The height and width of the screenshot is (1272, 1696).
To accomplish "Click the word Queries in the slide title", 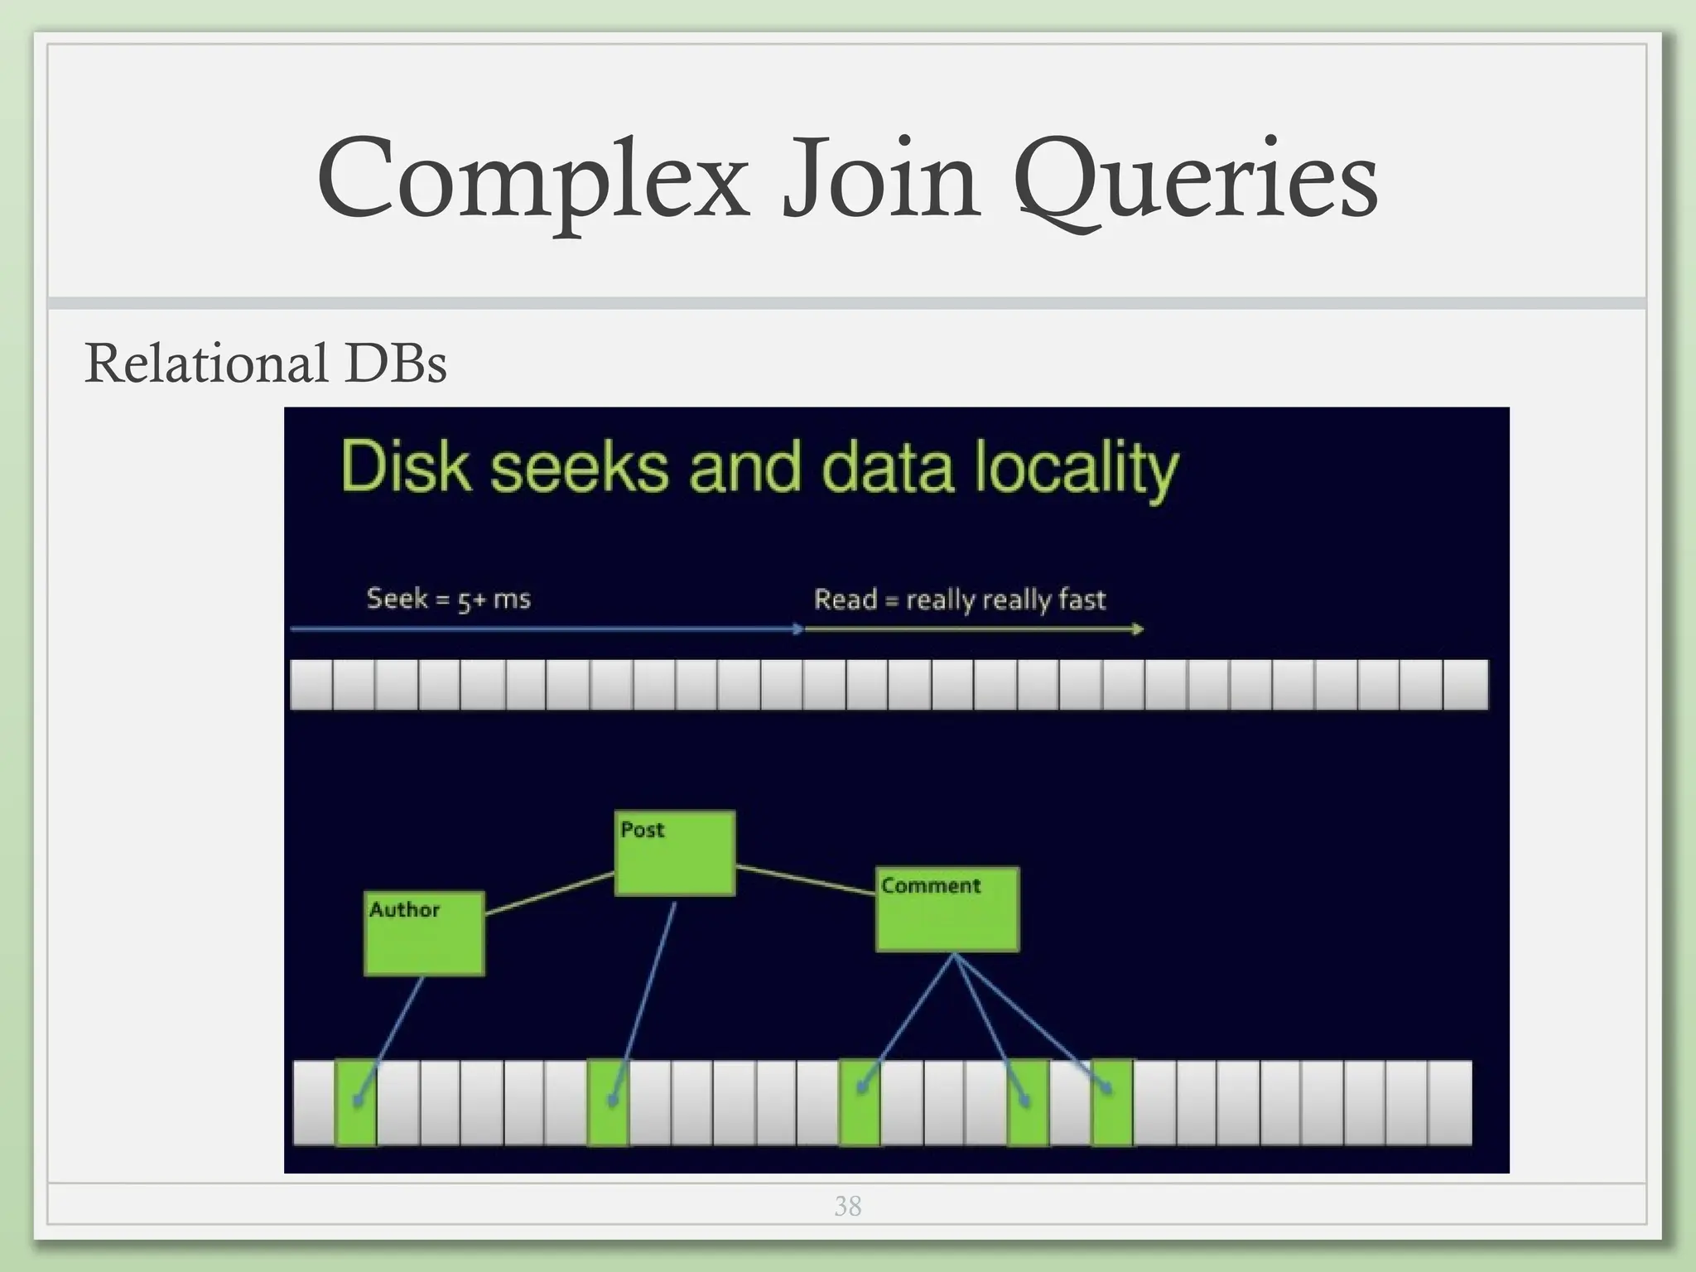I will click(x=1195, y=180).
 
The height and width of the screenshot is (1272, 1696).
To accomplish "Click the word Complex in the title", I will click(x=532, y=180).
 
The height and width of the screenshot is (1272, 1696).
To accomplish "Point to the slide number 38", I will click(x=847, y=1206).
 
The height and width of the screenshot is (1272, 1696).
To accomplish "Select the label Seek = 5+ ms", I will click(x=448, y=598).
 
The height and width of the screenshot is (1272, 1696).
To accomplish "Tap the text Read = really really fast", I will click(x=959, y=599).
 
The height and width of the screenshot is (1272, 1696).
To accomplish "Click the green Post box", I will click(x=675, y=853).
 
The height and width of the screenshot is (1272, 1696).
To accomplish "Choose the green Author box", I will click(x=424, y=933).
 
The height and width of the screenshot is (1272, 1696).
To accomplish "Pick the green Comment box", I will click(x=947, y=909).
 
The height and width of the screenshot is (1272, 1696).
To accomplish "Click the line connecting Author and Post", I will click(x=549, y=894).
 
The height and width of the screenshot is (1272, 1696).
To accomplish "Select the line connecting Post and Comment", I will click(x=805, y=879).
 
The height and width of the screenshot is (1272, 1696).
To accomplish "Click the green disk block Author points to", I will click(x=356, y=1103).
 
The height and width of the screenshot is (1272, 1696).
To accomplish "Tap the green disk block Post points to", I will click(x=609, y=1103).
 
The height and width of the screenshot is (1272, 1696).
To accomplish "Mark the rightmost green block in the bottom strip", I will click(x=1112, y=1103).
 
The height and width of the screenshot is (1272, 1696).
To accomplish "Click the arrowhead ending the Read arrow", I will click(x=1139, y=629).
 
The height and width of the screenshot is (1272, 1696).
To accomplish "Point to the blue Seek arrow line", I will click(x=547, y=629).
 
